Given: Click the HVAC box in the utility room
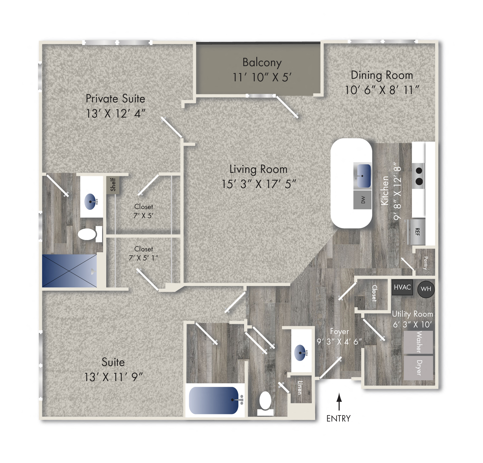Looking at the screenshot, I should click(402, 287).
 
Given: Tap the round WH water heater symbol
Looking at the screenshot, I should click(426, 289).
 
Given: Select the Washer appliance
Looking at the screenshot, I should click(418, 342).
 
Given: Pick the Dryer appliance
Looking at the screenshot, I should click(418, 368).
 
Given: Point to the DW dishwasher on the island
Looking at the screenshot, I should click(362, 200).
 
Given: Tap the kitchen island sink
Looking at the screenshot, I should click(362, 175).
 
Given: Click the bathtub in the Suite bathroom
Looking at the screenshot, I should click(214, 400).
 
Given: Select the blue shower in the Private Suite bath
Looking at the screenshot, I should click(69, 271).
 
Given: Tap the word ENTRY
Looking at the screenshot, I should click(338, 418).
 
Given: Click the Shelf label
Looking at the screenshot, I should click(113, 184).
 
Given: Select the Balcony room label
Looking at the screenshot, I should click(262, 63).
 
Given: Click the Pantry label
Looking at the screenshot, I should click(425, 263).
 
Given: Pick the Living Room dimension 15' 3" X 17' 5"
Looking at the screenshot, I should click(259, 184).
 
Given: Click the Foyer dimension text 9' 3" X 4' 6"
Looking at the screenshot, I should click(339, 342).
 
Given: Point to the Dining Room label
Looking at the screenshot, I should click(382, 75).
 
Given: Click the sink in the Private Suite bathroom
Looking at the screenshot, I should click(90, 201).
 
